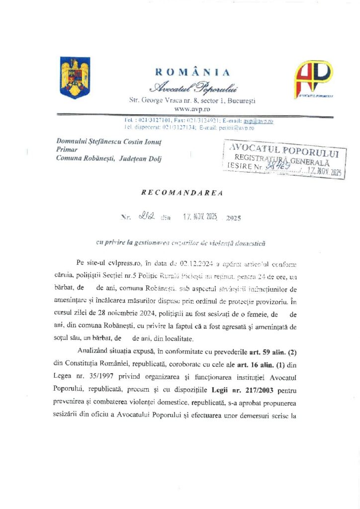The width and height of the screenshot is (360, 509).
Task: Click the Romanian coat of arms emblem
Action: pyautogui.click(x=75, y=78)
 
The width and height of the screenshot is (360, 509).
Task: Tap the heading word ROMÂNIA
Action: pyautogui.click(x=193, y=73)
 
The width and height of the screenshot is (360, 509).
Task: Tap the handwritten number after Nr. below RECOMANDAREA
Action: pyautogui.click(x=149, y=217)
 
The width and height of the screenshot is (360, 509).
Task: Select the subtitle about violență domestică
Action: pyautogui.click(x=181, y=243)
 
